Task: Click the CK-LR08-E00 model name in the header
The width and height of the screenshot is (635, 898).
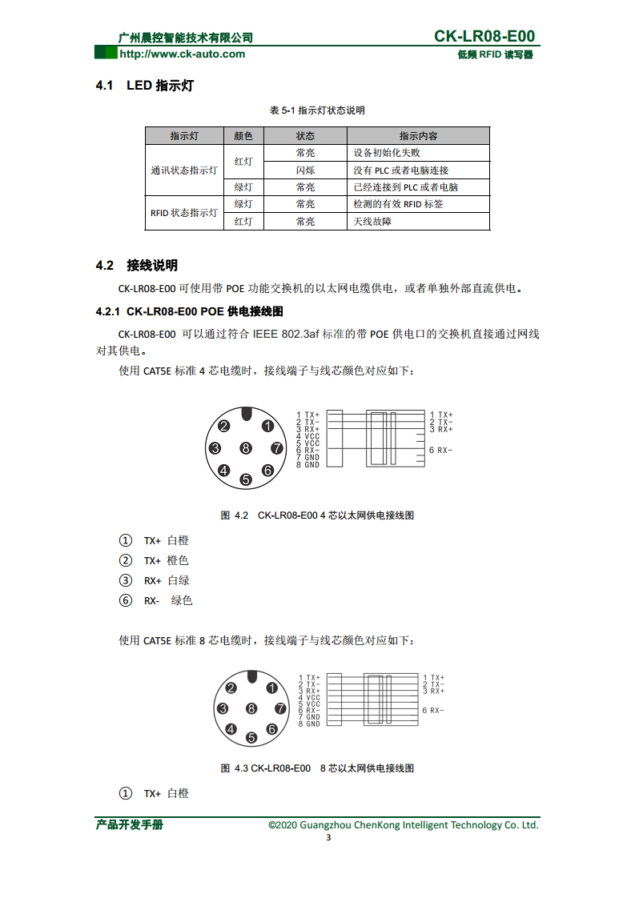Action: click(x=484, y=36)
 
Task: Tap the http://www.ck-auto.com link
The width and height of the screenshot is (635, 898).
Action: click(x=182, y=54)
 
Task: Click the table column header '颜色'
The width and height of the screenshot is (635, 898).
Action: click(x=243, y=136)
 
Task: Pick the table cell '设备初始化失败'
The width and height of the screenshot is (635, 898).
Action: click(x=387, y=153)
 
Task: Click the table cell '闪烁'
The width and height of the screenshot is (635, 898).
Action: click(x=305, y=170)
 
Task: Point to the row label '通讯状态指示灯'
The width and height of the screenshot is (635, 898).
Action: click(x=184, y=170)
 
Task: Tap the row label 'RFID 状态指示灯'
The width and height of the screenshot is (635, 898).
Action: click(x=184, y=213)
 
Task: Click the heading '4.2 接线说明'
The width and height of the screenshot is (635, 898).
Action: click(x=137, y=266)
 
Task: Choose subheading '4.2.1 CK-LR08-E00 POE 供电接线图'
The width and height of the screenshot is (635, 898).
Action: click(x=190, y=311)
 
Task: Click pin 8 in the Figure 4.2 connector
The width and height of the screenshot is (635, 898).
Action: click(x=246, y=448)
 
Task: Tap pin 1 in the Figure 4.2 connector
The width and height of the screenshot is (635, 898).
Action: click(x=267, y=427)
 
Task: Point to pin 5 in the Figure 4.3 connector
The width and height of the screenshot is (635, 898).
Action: click(x=251, y=737)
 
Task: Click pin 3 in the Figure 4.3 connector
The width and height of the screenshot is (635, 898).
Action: click(x=223, y=708)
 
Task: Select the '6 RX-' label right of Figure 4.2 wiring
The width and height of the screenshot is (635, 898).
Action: click(x=440, y=450)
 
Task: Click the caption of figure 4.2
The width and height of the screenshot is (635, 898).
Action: click(x=317, y=515)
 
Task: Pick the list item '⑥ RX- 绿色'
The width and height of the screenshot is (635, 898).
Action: click(x=156, y=600)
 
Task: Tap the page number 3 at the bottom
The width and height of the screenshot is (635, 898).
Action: click(x=328, y=838)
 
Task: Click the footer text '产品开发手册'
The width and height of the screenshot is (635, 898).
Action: click(x=130, y=824)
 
